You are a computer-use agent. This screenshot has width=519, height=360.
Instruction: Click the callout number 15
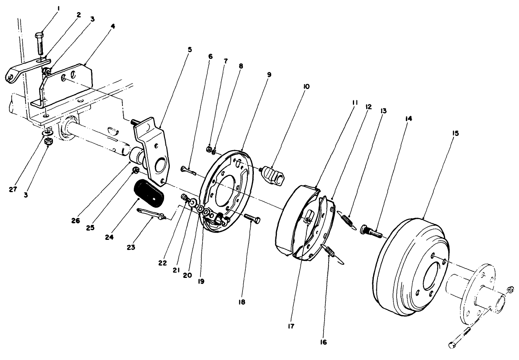point(456,133)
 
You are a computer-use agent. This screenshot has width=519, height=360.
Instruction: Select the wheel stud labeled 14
point(371,232)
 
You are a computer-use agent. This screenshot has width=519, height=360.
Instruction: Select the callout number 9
point(269,75)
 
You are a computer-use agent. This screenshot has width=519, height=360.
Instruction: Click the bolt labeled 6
point(188,170)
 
